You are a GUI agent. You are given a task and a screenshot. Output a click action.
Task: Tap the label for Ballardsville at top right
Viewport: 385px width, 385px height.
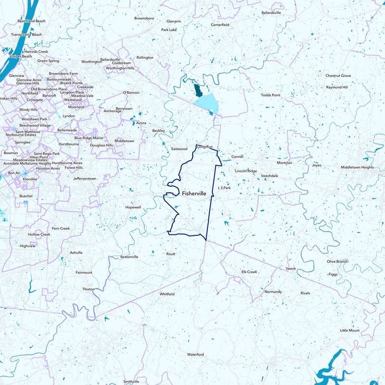(x=271, y=13)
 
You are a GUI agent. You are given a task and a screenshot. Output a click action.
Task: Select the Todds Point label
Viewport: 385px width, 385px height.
(x=270, y=95)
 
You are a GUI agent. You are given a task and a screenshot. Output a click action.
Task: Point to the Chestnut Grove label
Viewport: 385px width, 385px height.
(x=338, y=76)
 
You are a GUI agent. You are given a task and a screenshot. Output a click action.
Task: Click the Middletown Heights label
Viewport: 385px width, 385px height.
(x=357, y=167)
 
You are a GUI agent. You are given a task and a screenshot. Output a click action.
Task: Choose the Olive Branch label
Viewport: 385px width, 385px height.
(x=337, y=261)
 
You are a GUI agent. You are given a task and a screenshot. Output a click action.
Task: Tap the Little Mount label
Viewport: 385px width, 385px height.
(x=350, y=331)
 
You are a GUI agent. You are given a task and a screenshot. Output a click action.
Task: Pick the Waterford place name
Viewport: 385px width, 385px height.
(x=196, y=355)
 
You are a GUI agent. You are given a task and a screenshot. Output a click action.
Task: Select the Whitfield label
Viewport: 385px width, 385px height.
(x=167, y=294)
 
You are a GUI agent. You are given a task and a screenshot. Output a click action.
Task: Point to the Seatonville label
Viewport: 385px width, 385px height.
(x=129, y=257)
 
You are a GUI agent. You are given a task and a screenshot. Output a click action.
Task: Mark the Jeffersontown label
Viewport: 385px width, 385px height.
(x=85, y=179)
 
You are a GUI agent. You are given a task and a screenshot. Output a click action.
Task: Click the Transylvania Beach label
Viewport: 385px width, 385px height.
(x=26, y=35)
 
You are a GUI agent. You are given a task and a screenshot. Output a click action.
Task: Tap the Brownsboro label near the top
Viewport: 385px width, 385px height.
(x=144, y=18)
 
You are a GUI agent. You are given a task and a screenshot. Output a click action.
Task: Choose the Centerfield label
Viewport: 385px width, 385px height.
(x=220, y=25)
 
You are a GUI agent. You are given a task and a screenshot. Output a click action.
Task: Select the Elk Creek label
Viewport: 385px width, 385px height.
(x=249, y=272)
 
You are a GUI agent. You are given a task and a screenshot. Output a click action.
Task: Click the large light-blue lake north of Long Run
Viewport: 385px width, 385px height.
(x=205, y=103)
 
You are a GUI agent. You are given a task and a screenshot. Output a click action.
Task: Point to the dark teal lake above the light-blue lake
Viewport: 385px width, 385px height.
(x=197, y=89)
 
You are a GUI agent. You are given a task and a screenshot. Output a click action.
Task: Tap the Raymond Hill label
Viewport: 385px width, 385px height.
(x=337, y=88)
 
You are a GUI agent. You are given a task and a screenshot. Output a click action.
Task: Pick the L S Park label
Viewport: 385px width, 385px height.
(x=225, y=188)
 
